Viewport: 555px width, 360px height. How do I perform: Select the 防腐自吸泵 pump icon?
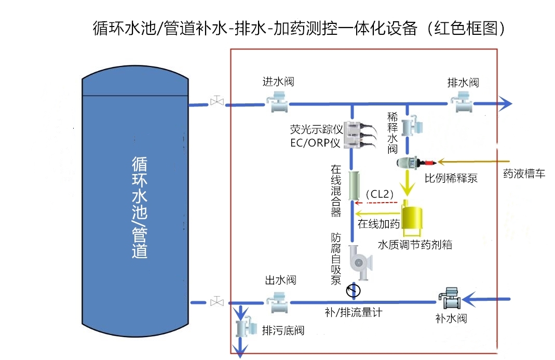point(359,262)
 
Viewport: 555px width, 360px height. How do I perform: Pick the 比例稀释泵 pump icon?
point(407,161)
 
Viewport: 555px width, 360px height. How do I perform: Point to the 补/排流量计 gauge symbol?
point(353,289)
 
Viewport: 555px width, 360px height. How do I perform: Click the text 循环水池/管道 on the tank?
point(139,208)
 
